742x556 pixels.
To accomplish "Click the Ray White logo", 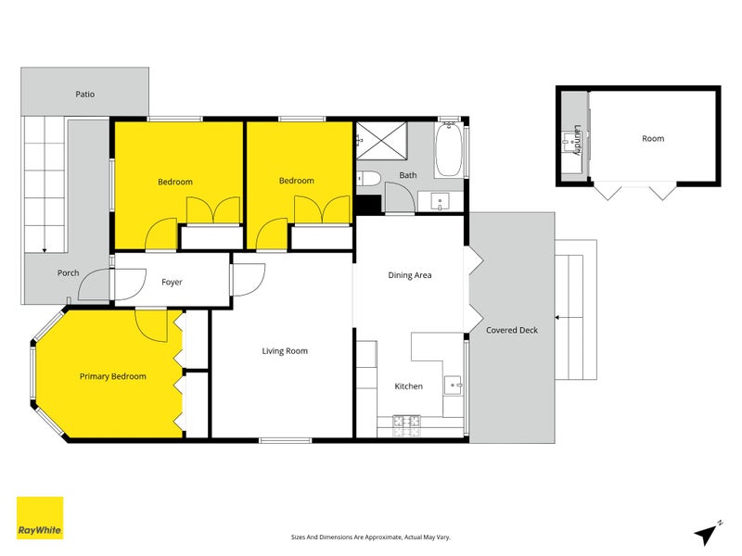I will coord(40,518).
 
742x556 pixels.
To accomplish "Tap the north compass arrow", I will coord(707,533).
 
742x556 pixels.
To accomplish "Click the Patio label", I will coord(85,95).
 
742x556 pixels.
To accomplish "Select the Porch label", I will coord(68,272).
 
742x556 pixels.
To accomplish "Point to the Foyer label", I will coord(172,282).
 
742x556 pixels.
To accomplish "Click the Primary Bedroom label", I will coord(112,376).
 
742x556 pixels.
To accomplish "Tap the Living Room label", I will coord(284,351).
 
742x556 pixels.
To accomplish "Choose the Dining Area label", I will coord(409,275).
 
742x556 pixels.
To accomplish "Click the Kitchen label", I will coord(408,386).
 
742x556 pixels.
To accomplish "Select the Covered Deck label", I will coord(512,330).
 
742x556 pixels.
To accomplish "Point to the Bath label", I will coord(408,175).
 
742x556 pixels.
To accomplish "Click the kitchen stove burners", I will coord(405,423).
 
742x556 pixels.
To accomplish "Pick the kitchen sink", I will coord(454,385).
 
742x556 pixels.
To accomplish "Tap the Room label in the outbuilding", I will coord(653,139).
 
